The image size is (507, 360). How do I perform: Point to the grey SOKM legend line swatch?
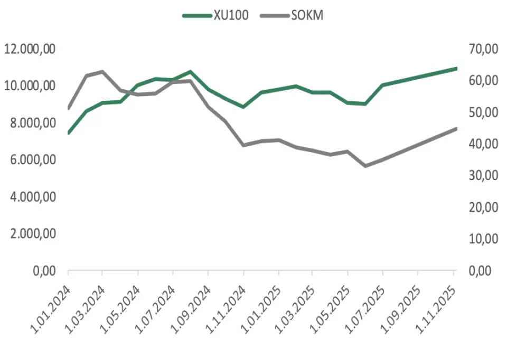(x=275, y=16)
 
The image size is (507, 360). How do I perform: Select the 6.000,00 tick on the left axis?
(x=33, y=159)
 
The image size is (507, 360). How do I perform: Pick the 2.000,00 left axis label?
(x=33, y=233)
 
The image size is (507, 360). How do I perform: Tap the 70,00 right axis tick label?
(x=483, y=49)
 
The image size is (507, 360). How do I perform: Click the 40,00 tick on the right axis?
(x=483, y=144)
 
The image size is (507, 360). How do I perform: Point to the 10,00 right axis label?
(x=483, y=239)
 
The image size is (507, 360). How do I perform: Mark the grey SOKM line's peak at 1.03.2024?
(x=102, y=71)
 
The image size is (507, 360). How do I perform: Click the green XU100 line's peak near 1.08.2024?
(x=190, y=71)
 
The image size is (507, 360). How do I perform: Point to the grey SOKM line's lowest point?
(x=365, y=166)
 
